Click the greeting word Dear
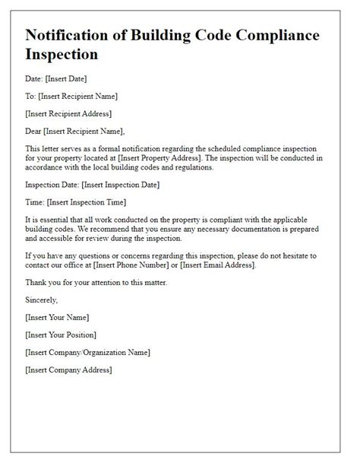coord(34,130)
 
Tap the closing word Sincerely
coord(43,299)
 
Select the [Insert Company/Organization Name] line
coord(87,352)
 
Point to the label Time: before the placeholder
coord(34,201)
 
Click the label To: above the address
coord(30,97)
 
